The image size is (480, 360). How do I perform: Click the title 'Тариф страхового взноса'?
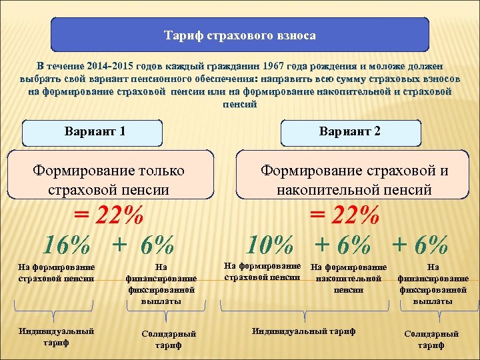coord(240,35)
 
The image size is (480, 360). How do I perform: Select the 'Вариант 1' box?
coord(95,131)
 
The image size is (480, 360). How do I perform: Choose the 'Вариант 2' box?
coord(351,131)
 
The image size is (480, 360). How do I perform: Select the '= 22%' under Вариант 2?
coord(345,217)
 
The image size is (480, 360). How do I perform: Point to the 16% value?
coord(67,245)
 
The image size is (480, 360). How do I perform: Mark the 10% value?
coord(269,245)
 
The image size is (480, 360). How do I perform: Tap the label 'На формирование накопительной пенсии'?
coord(349,279)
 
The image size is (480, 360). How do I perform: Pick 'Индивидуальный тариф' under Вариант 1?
coord(57,337)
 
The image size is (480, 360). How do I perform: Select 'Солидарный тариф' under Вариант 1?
coord(169,339)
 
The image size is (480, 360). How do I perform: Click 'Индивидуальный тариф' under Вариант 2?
coord(304,331)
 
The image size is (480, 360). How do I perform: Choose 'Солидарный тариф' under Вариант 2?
coord(431,339)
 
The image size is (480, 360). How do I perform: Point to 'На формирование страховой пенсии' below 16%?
coord(57,273)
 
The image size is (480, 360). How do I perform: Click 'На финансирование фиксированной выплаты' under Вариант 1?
coord(161,284)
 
